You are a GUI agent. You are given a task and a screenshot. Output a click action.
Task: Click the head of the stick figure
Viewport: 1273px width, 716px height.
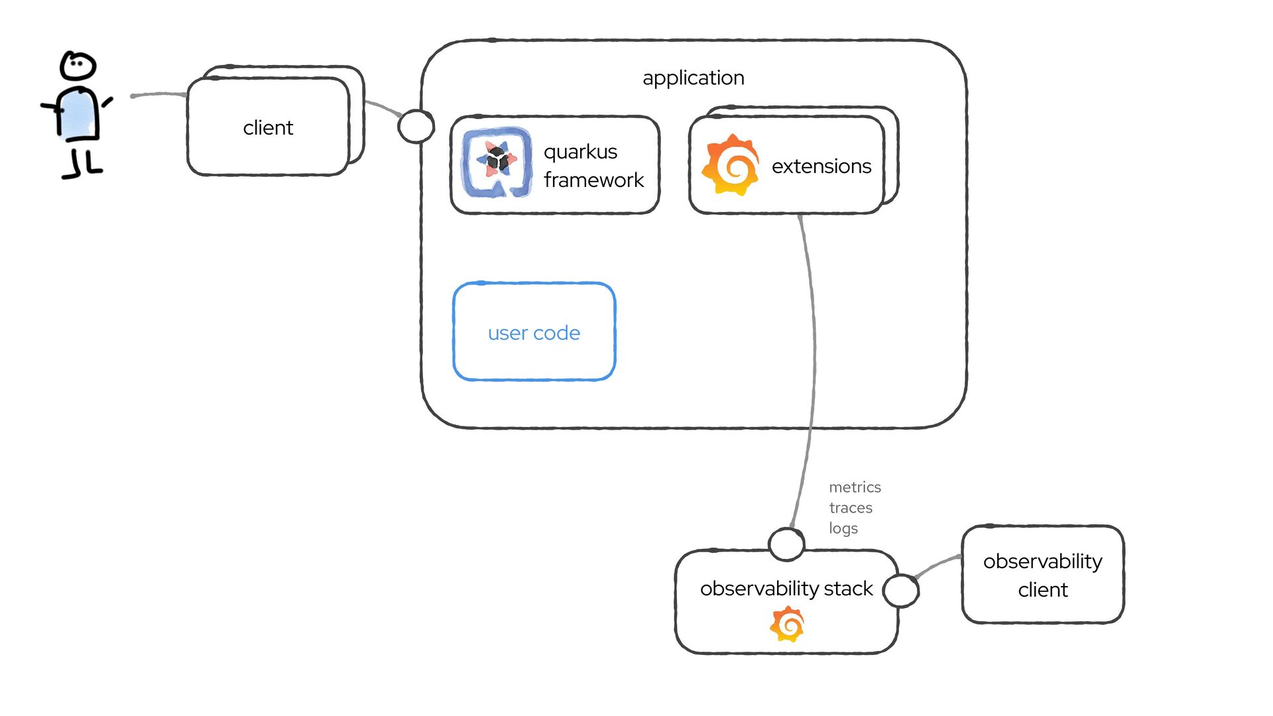(x=78, y=66)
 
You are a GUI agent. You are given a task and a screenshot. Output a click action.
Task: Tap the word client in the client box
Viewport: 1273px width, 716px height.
(x=268, y=127)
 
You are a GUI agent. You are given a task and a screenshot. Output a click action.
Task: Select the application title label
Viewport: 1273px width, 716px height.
(x=693, y=78)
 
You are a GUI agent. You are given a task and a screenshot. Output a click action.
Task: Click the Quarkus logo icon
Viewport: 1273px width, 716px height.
(x=497, y=162)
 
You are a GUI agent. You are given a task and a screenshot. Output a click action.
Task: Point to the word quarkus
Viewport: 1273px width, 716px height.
(x=580, y=152)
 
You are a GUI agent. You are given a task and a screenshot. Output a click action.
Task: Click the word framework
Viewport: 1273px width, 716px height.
(x=593, y=180)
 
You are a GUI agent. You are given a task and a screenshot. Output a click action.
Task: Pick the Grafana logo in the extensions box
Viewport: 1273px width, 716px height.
(x=731, y=164)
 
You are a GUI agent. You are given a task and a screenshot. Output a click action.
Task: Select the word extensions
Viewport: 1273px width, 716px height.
(x=821, y=166)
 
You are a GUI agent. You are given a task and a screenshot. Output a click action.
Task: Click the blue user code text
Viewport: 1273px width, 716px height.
(x=534, y=333)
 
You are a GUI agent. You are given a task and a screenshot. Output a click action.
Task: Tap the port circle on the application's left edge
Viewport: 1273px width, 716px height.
(x=416, y=126)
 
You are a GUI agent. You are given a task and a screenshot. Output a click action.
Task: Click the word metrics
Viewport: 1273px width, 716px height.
(x=855, y=487)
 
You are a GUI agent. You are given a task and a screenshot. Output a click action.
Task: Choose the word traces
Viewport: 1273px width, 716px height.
(x=851, y=508)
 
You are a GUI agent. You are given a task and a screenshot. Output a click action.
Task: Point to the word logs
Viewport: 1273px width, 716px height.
(x=843, y=528)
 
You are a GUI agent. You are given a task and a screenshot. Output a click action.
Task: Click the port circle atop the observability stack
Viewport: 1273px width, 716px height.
(x=786, y=544)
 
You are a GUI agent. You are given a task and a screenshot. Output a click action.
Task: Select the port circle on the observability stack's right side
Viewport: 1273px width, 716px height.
(x=901, y=590)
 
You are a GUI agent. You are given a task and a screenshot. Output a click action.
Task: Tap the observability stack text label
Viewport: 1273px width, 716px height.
(x=786, y=589)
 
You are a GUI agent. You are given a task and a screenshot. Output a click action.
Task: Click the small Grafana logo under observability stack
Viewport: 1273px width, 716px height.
(x=787, y=624)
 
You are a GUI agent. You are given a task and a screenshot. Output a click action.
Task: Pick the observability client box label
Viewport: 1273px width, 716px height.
(x=1042, y=575)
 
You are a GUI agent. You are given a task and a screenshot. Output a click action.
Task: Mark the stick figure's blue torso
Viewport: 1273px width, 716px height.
(x=79, y=114)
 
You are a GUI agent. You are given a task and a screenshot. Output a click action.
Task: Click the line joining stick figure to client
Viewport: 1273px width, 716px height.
(x=159, y=95)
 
